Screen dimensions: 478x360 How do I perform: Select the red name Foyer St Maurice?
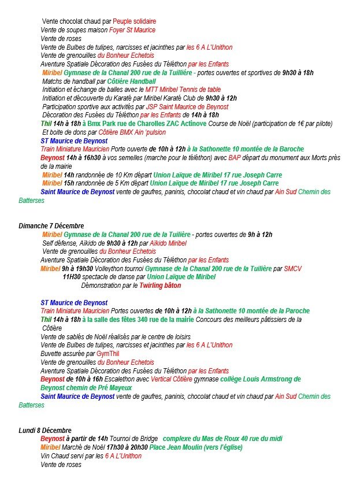point(132,30)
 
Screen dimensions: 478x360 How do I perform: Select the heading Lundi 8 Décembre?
point(44,431)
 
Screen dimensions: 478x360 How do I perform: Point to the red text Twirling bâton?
point(160,286)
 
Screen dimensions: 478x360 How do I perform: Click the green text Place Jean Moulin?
point(172,447)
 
